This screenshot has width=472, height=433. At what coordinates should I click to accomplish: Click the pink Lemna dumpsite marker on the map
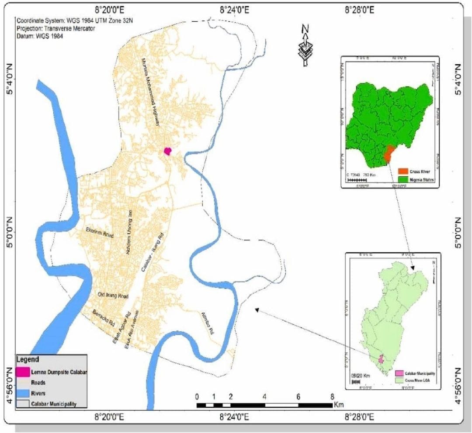[x=167, y=151]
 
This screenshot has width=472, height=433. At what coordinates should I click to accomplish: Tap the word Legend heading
[x=28, y=360]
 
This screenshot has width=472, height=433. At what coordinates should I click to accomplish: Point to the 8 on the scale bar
[x=332, y=397]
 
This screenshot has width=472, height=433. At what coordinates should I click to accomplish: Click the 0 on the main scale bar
[x=198, y=397]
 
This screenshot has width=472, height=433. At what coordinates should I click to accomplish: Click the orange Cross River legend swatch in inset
[x=403, y=170]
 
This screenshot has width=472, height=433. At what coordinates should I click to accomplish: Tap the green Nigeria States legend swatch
[x=403, y=179]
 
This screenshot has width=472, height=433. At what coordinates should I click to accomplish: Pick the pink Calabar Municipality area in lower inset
[x=380, y=359]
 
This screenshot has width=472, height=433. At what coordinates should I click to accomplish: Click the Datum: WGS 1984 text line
[x=40, y=37]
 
